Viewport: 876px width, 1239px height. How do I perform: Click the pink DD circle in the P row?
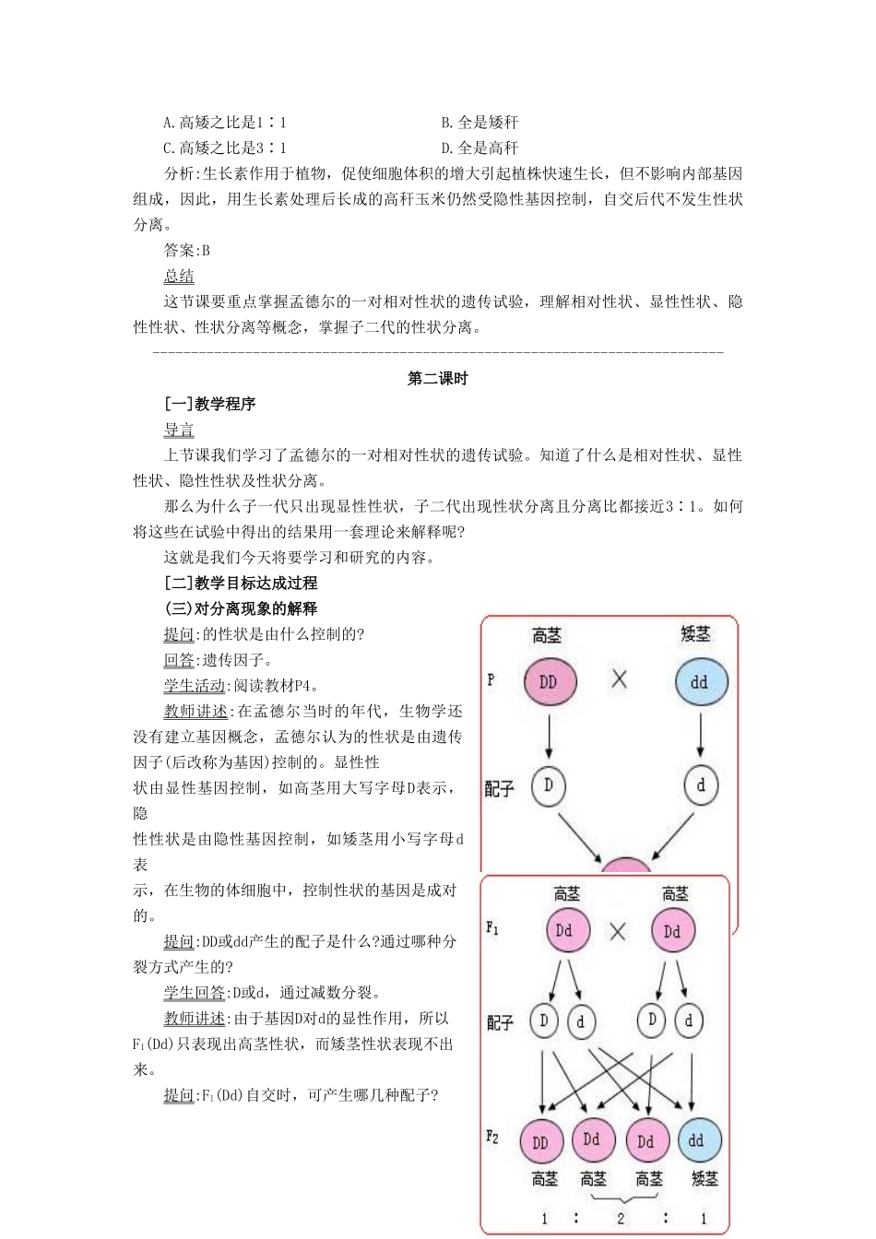[x=549, y=682]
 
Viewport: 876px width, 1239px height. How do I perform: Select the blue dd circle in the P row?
[x=701, y=682]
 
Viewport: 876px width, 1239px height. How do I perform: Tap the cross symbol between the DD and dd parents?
[x=619, y=679]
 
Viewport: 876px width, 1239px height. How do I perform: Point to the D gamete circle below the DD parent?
[x=549, y=785]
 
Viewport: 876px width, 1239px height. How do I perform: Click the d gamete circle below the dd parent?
[x=701, y=785]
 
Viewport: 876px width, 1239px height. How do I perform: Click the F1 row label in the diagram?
[x=492, y=927]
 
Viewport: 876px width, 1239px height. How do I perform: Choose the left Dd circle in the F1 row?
[x=563, y=930]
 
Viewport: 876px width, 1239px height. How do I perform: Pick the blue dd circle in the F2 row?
[x=697, y=1141]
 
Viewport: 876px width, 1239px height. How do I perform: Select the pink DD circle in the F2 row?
[x=540, y=1142]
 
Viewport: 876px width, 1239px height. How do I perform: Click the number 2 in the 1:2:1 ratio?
[x=621, y=1218]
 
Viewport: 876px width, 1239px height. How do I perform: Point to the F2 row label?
[x=492, y=1138]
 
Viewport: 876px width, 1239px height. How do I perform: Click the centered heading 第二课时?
[x=438, y=378]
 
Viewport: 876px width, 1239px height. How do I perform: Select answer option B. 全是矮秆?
[x=479, y=123]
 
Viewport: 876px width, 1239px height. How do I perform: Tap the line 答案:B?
[x=187, y=250]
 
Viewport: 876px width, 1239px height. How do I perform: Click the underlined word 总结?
[x=179, y=276]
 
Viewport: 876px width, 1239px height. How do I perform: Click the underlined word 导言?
[x=179, y=430]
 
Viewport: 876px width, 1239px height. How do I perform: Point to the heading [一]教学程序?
[x=209, y=404]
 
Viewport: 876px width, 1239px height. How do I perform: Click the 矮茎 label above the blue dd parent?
[x=695, y=634]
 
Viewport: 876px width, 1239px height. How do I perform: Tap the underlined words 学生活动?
[x=195, y=686]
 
